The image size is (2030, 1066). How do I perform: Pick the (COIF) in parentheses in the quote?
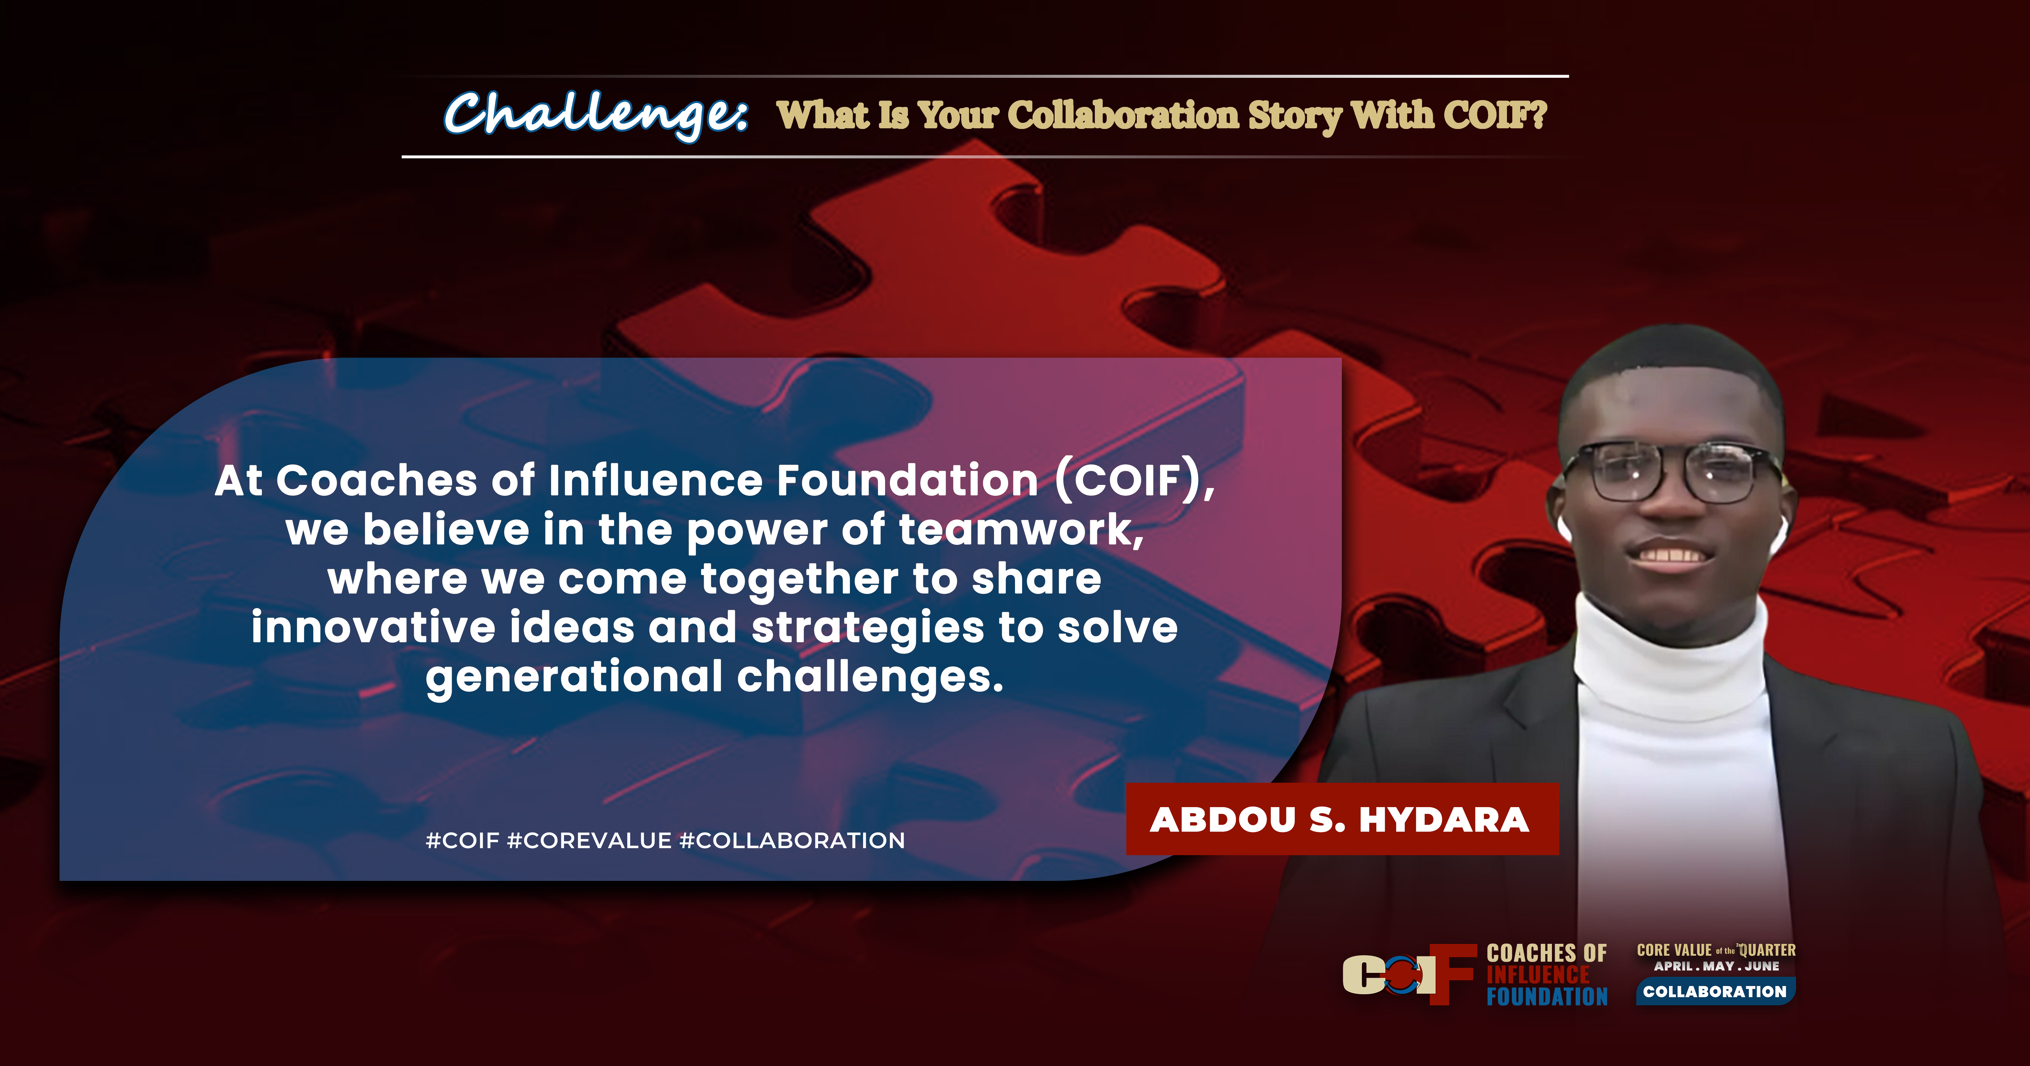tap(1135, 481)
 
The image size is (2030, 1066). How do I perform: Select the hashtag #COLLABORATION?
tap(792, 841)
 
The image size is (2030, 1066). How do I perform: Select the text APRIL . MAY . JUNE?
tap(1716, 966)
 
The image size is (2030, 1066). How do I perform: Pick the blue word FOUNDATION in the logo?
tap(1547, 997)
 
